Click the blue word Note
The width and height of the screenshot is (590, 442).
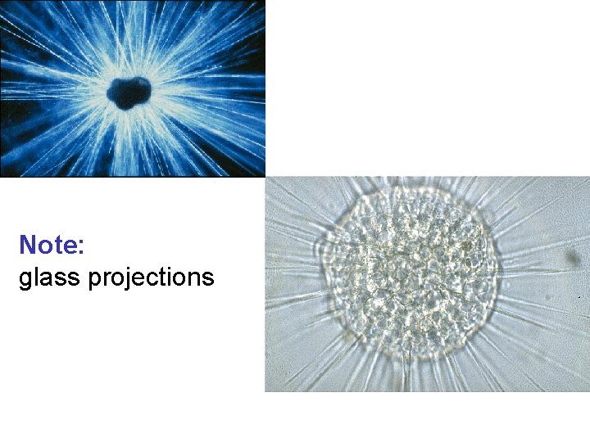pyautogui.click(x=52, y=245)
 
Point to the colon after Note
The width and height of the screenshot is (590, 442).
pyautogui.click(x=82, y=247)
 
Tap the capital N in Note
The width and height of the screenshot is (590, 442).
pyautogui.click(x=28, y=245)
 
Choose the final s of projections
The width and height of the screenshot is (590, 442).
pyautogui.click(x=207, y=279)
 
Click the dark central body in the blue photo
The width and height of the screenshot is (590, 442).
pyautogui.click(x=130, y=92)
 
